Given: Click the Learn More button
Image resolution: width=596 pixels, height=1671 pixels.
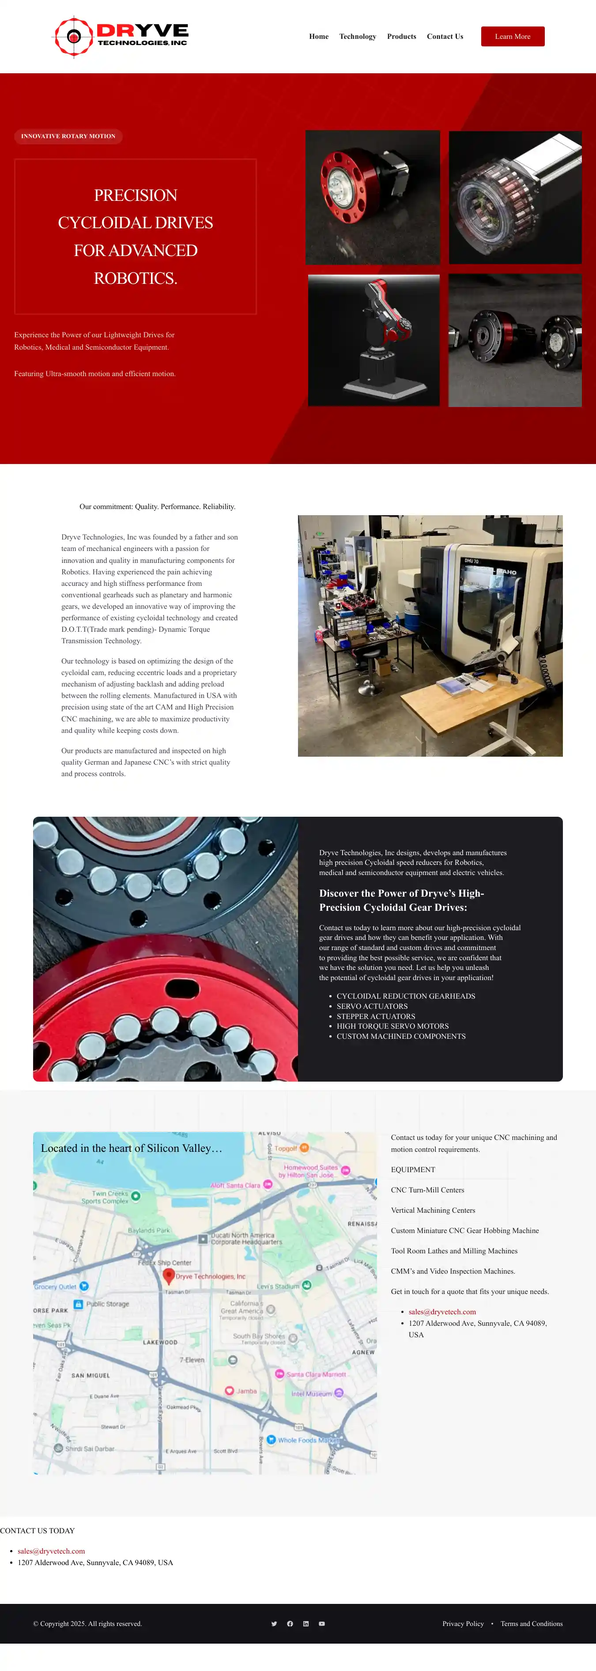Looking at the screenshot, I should (513, 36).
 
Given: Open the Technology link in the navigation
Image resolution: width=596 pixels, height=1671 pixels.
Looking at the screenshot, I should (357, 36).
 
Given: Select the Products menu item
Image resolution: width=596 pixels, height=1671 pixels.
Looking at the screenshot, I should (401, 36).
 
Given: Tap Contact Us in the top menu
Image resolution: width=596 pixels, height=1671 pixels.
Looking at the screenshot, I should (445, 36).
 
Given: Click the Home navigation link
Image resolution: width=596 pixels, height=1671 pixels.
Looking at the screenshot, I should (318, 36).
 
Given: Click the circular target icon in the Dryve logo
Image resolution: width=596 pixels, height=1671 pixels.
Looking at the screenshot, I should (74, 36).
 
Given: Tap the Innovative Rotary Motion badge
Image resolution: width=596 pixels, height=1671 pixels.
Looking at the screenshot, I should (68, 136).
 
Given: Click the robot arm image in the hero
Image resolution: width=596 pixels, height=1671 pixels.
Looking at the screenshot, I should (373, 340).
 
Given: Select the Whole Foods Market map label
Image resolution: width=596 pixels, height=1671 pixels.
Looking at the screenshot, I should (309, 1440).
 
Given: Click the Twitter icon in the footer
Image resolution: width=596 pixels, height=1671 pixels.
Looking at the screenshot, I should (274, 1624).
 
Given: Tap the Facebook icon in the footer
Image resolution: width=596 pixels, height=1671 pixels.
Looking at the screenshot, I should (290, 1624).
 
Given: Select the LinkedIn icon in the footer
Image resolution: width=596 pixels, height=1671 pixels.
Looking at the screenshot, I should (306, 1624).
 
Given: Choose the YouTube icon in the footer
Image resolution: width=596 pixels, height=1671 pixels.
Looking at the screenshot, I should (322, 1624).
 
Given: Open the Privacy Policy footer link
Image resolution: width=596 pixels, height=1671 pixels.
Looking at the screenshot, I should (463, 1624).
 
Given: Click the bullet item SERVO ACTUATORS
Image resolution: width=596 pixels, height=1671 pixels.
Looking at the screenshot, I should (372, 1006).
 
